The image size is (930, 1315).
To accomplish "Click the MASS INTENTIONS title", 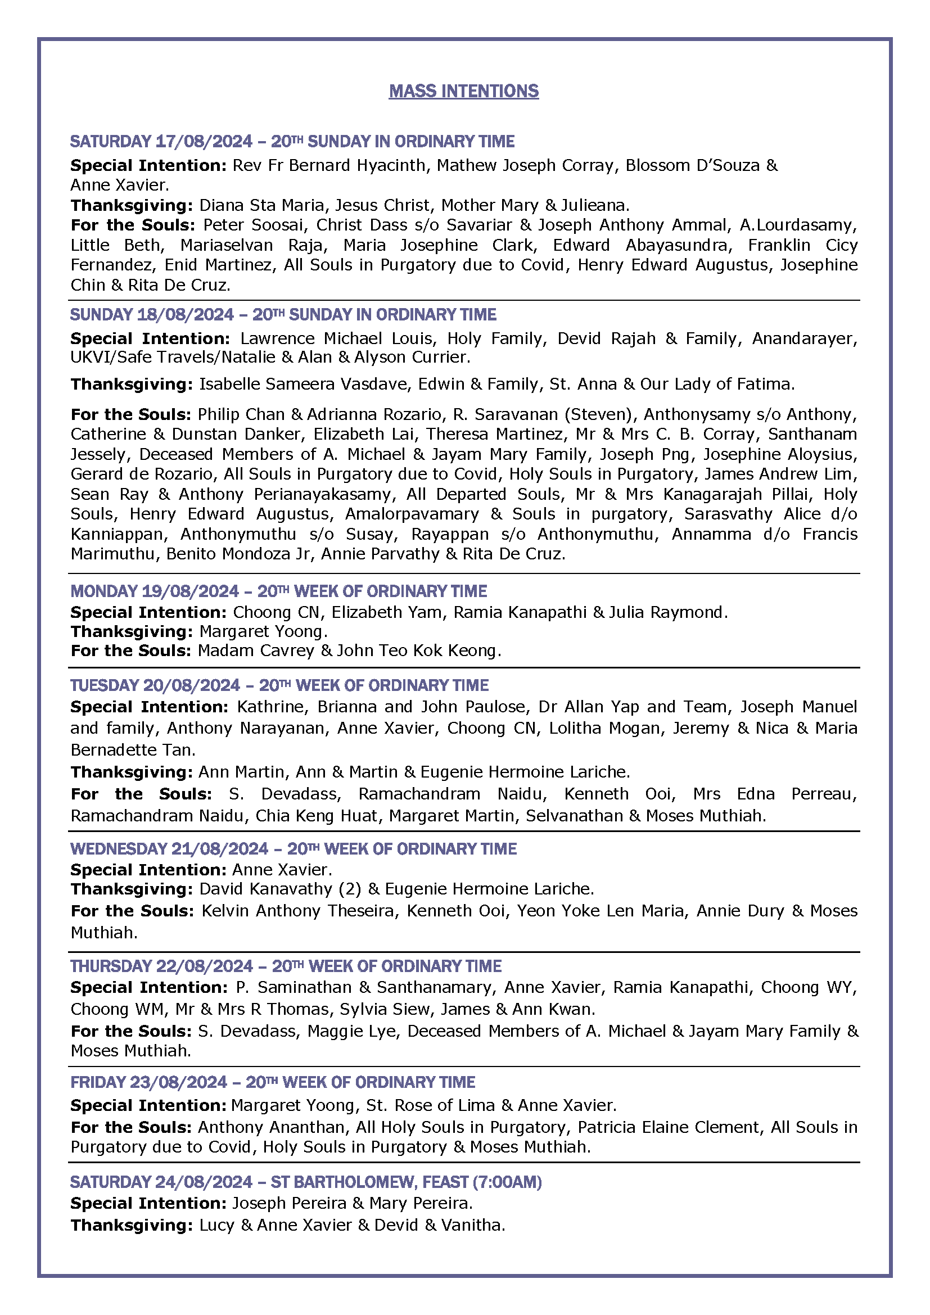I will [463, 91].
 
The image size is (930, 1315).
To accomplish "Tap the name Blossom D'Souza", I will [692, 165].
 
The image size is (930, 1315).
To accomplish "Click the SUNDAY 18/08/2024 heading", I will [152, 314].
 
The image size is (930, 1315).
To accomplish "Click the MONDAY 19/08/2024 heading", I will [154, 591].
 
